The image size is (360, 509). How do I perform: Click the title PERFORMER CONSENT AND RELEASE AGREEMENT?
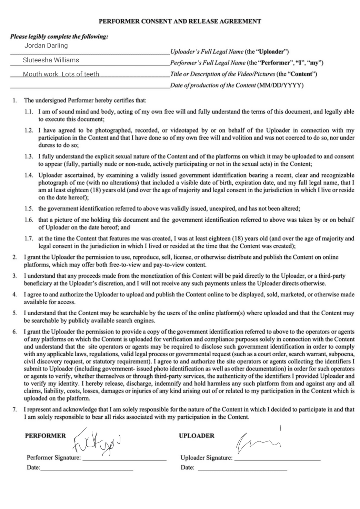click(180, 21)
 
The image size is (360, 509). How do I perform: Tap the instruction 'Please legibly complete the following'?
click(59, 36)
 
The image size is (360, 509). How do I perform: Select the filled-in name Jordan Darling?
click(46, 45)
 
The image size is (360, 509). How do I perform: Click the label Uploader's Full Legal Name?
click(207, 52)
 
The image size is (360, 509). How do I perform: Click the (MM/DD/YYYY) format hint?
click(280, 85)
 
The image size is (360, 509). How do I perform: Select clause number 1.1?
click(29, 112)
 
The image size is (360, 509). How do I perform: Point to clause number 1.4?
click(29, 175)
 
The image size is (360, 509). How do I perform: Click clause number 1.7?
click(29, 238)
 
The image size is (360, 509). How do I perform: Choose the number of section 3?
click(15, 276)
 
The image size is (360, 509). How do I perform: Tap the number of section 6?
click(15, 332)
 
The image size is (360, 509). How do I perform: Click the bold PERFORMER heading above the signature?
click(45, 436)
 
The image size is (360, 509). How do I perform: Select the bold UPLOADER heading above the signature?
click(197, 436)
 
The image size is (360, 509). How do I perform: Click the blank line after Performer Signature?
click(124, 460)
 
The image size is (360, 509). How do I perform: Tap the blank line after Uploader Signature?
click(277, 460)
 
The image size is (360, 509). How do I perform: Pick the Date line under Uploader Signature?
click(242, 469)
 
